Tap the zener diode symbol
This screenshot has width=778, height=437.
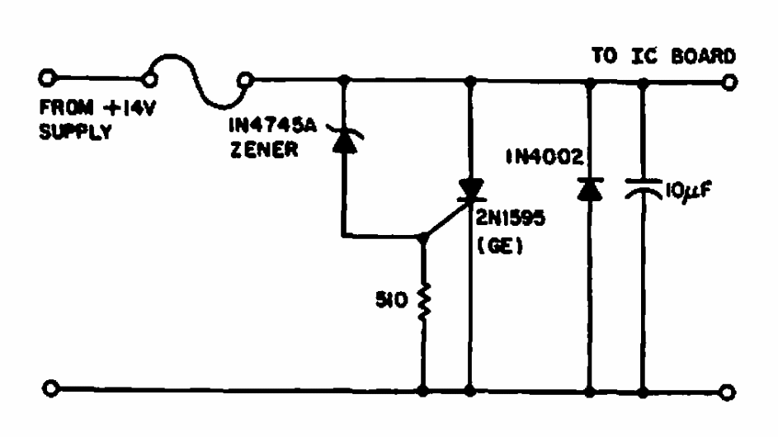click(344, 140)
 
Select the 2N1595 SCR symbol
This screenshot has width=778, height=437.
click(469, 191)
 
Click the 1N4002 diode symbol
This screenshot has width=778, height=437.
click(590, 189)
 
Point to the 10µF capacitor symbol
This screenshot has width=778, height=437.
click(643, 189)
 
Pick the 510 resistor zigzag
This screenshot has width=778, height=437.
click(423, 303)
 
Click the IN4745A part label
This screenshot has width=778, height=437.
click(272, 125)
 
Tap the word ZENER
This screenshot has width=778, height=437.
click(265, 148)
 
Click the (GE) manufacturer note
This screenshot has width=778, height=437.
click(500, 246)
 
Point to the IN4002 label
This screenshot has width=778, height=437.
click(545, 157)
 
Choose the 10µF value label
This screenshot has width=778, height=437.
click(689, 190)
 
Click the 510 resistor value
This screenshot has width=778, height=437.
click(392, 299)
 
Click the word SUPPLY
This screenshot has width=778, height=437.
click(75, 131)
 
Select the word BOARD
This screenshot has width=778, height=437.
click(703, 56)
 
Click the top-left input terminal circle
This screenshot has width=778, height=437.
click(47, 78)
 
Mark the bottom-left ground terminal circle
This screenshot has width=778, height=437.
click(50, 388)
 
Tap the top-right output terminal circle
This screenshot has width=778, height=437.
click(728, 82)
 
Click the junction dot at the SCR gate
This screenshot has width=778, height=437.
click(423, 238)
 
